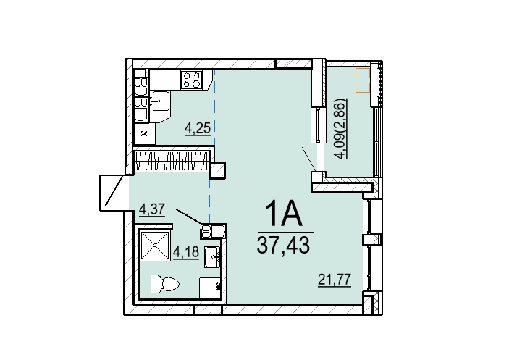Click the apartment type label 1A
point(284,213)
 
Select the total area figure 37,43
point(283,245)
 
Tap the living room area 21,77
point(335,279)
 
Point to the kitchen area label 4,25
point(198,128)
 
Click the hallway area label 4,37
point(152,209)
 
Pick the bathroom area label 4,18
point(185,251)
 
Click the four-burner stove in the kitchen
point(192,80)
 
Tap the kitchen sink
point(160,101)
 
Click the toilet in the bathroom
point(165,285)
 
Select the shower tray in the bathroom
point(156,246)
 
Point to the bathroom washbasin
point(213,256)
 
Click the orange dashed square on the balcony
point(363,80)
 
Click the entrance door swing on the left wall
point(114,191)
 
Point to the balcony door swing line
point(309,159)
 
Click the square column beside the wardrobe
point(217,171)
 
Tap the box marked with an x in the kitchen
point(145,133)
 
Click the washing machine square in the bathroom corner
point(211,288)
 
